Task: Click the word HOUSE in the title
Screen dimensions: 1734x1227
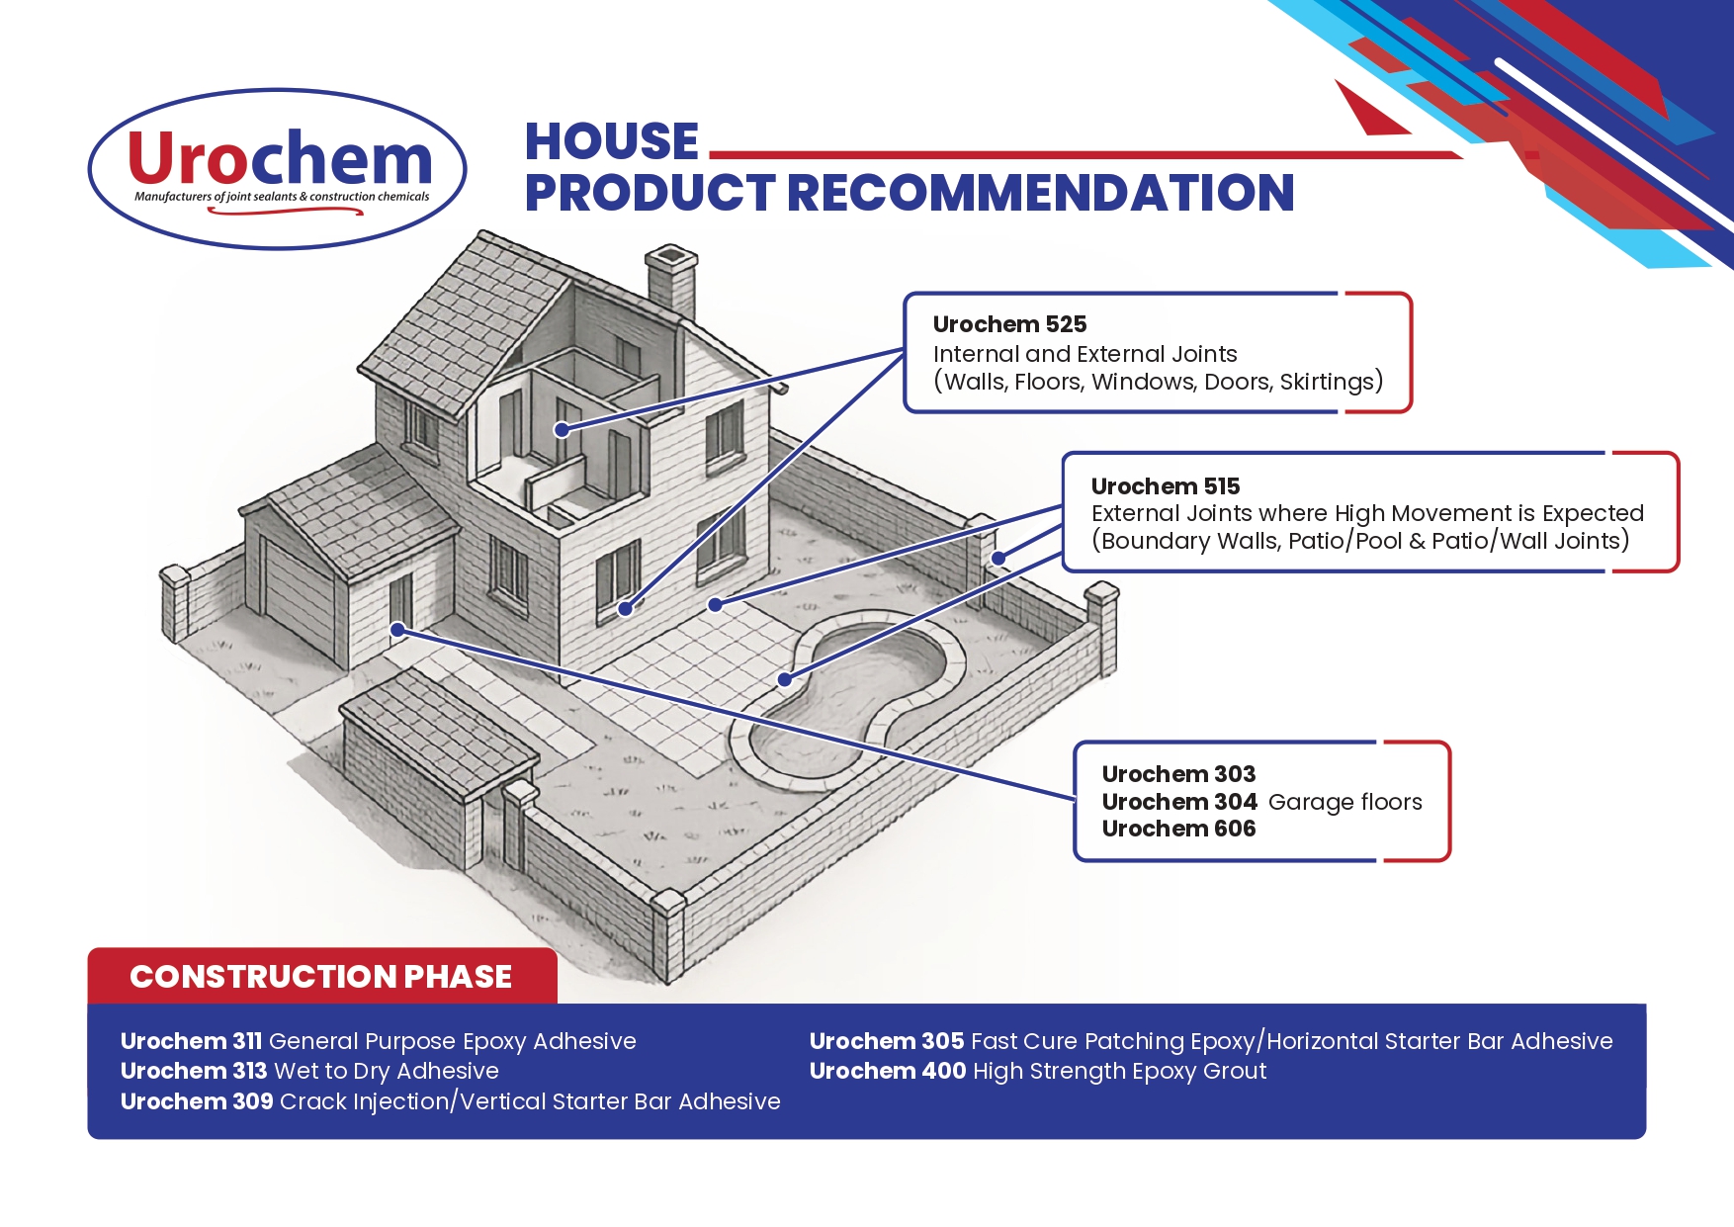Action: tap(612, 141)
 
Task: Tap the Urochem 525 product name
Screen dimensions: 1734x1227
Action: tap(1009, 324)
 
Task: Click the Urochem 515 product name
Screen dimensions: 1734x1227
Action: tap(1166, 486)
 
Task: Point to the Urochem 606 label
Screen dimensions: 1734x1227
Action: tap(1178, 829)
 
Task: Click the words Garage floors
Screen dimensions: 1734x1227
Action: tap(1344, 802)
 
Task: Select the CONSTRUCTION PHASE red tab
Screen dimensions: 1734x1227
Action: tap(322, 976)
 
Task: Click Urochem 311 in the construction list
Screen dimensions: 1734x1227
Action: tap(191, 1041)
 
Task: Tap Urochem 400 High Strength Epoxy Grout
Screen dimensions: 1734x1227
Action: tap(1038, 1071)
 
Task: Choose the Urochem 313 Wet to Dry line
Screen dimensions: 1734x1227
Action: tap(309, 1071)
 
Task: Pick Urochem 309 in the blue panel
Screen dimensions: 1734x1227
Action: tap(197, 1101)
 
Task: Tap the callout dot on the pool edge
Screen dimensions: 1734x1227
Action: tap(785, 679)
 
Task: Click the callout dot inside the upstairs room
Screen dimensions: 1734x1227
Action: tap(562, 430)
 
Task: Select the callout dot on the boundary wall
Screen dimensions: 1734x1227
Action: tap(998, 559)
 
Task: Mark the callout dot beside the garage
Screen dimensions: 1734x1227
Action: tap(397, 630)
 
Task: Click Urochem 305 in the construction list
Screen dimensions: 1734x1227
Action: tap(887, 1041)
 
